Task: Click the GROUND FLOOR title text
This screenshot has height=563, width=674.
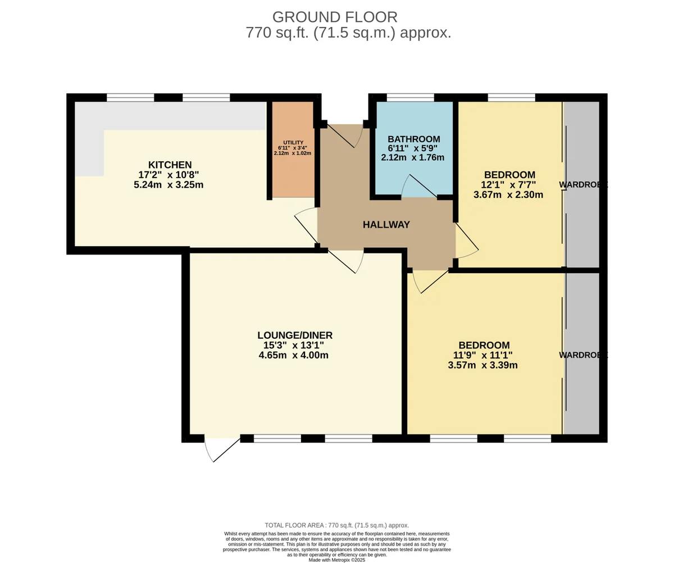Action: tap(335, 17)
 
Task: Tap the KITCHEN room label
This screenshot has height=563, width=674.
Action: tap(170, 165)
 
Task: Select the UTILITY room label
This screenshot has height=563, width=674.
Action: tap(293, 143)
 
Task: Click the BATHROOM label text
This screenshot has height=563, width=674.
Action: tap(414, 139)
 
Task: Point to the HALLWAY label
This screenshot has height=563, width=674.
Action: tap(386, 225)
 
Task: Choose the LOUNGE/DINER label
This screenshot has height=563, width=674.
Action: tap(295, 335)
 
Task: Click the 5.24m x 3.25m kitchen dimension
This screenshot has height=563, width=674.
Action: tap(168, 185)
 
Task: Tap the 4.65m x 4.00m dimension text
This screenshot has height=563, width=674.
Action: tap(293, 355)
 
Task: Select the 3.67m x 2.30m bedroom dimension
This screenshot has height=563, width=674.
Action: tap(508, 195)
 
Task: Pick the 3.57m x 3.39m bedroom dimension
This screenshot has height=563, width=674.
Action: tap(482, 365)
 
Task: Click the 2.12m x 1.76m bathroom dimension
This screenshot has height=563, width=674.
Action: tap(412, 158)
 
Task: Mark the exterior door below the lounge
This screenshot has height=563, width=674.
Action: tap(222, 450)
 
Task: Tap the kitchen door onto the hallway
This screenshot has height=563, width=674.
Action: tap(306, 225)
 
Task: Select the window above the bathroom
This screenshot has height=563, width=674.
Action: tap(410, 98)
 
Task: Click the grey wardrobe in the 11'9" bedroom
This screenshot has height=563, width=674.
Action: tap(582, 353)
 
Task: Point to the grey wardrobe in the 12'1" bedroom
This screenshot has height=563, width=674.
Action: tap(582, 184)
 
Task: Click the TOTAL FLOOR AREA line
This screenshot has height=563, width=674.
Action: tap(336, 525)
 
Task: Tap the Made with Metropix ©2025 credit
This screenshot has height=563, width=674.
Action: tap(336, 560)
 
